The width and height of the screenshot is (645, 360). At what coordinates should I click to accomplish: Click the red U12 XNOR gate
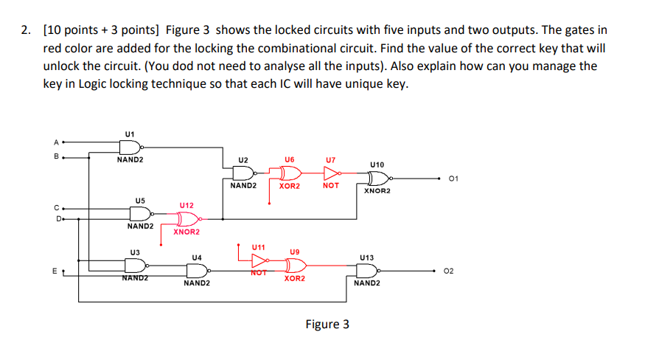point(186,219)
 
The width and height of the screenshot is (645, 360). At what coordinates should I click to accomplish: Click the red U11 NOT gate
point(259,260)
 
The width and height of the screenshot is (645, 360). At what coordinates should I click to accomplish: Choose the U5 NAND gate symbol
point(140,213)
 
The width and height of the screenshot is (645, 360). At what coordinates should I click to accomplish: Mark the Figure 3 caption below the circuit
point(327,324)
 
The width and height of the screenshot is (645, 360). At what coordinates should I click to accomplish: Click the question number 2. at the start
point(26,30)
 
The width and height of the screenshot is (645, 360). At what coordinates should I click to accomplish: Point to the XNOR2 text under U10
point(377,191)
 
